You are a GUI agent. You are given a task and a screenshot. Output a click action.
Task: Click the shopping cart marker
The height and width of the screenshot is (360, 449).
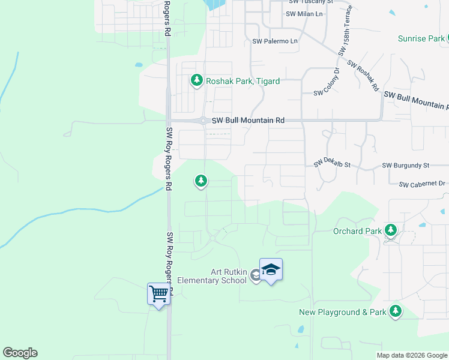[x=158, y=295]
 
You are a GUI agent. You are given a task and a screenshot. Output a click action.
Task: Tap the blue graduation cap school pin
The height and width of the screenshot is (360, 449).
[x=271, y=269]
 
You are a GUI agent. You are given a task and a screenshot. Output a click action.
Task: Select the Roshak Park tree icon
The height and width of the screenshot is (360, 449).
[x=196, y=80]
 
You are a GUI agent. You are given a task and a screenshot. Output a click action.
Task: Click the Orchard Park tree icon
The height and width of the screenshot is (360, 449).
[x=391, y=230]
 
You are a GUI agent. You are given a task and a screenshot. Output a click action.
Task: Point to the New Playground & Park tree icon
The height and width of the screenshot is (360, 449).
[x=395, y=311]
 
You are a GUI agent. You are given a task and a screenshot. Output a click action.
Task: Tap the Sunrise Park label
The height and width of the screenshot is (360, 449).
[x=421, y=39]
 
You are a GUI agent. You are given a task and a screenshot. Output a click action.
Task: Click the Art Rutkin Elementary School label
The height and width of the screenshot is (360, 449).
[x=212, y=276]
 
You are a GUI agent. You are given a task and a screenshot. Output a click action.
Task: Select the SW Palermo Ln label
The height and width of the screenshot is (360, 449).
[x=275, y=41]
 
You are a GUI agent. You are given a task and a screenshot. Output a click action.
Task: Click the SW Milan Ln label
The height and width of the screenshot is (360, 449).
[x=304, y=14]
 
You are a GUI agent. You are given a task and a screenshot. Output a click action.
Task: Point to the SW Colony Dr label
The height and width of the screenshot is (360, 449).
[x=327, y=93]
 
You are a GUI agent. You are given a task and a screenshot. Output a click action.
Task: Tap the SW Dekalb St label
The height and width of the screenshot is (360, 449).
[x=331, y=164]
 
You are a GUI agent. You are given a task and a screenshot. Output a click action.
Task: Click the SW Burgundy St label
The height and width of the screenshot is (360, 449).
[x=406, y=165]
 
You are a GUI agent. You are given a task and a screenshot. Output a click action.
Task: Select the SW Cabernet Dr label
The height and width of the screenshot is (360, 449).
[x=423, y=183]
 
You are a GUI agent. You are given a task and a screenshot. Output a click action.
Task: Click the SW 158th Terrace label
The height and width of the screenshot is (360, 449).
[x=346, y=31]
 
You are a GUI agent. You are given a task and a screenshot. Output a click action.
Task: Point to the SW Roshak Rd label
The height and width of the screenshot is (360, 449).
[x=363, y=76]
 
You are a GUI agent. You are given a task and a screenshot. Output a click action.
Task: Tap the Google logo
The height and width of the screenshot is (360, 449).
[x=20, y=353]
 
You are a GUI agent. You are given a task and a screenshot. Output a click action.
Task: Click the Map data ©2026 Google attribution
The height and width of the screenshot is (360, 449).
[x=411, y=355]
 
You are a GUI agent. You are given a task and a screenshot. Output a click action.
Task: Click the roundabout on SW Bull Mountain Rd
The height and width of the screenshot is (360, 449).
[x=204, y=121]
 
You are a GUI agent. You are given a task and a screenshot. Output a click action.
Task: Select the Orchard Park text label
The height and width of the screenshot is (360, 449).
[x=357, y=231]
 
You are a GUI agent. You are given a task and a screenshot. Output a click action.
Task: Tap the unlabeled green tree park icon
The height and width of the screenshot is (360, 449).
[x=200, y=181]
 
